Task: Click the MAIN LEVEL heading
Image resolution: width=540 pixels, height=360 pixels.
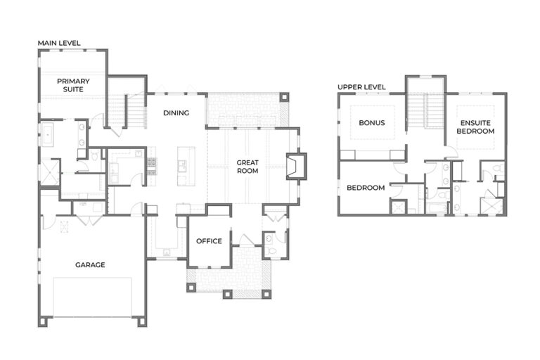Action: click(x=60, y=43)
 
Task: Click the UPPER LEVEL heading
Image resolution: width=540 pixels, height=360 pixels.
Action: click(x=361, y=86)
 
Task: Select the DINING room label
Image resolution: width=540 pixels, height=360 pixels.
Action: click(x=176, y=112)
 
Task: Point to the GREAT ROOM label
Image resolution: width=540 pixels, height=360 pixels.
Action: click(x=247, y=167)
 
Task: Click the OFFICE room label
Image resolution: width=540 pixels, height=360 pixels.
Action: click(x=209, y=241)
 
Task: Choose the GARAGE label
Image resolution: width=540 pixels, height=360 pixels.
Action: click(x=90, y=265)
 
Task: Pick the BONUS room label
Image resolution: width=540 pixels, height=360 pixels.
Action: click(x=372, y=122)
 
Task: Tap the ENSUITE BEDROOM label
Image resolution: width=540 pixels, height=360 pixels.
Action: click(x=475, y=127)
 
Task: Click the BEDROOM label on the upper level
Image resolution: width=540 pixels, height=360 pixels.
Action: click(x=366, y=188)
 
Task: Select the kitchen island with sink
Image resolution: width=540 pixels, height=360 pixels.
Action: click(x=185, y=167)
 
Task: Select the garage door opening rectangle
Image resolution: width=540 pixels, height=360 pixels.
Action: click(x=92, y=295)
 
